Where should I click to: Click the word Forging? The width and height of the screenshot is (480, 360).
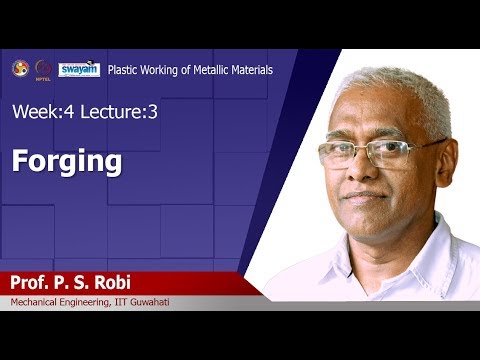point(67,162)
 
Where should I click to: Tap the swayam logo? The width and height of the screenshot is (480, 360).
point(79,69)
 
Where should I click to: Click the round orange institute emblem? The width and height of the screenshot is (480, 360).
point(19,68)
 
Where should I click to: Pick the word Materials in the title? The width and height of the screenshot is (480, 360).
point(250,70)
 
